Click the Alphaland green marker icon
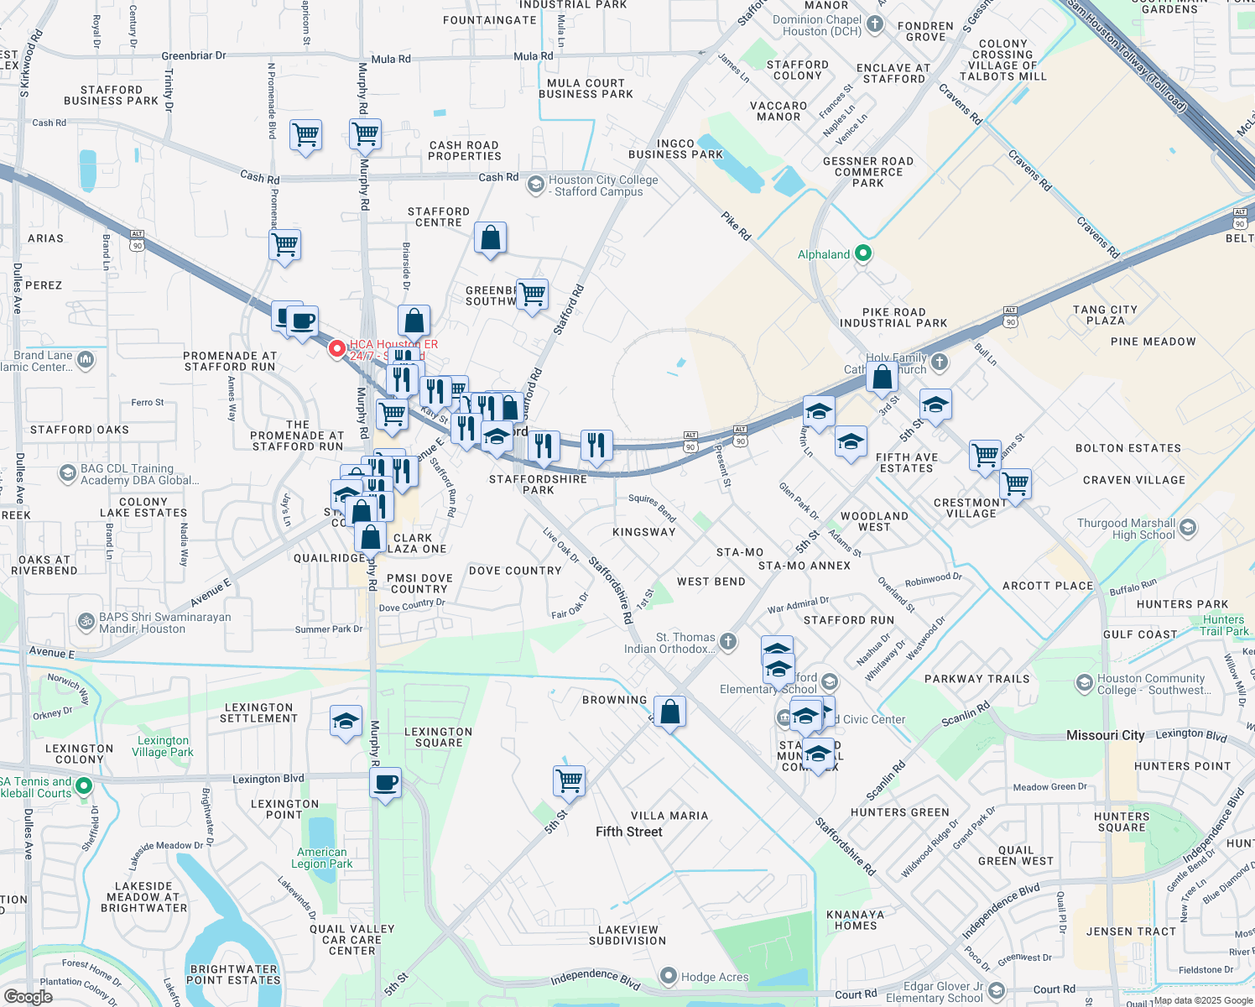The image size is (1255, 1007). pyautogui.click(x=863, y=253)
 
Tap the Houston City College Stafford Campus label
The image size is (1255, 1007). pyautogui.click(x=602, y=185)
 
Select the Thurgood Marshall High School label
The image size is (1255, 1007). pyautogui.click(x=1126, y=529)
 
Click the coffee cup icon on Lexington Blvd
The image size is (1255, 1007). pyautogui.click(x=385, y=783)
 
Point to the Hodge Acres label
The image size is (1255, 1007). pyautogui.click(x=714, y=977)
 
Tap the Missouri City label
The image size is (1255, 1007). pyautogui.click(x=1105, y=735)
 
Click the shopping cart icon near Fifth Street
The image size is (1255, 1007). pyautogui.click(x=569, y=780)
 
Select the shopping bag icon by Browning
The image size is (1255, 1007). pyautogui.click(x=669, y=712)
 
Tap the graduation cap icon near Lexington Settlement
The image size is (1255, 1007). pyautogui.click(x=346, y=722)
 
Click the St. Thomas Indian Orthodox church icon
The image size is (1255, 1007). pyautogui.click(x=728, y=642)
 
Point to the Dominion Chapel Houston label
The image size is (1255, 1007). pyautogui.click(x=816, y=25)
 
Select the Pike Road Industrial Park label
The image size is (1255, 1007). pyautogui.click(x=893, y=317)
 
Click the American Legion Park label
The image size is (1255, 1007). pyautogui.click(x=321, y=858)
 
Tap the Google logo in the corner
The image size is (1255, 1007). pyautogui.click(x=28, y=996)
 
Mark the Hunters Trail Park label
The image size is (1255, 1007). pyautogui.click(x=1224, y=625)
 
